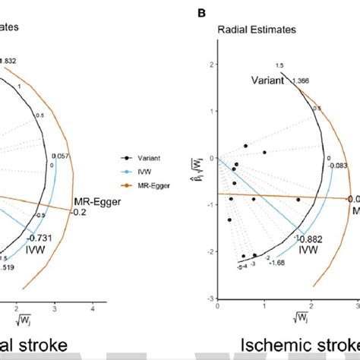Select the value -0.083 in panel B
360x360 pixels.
pyautogui.click(x=338, y=165)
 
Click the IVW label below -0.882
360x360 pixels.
pyautogui.click(x=308, y=248)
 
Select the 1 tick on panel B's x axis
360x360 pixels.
pyautogui.click(x=264, y=308)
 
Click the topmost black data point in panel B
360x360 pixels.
pyautogui.click(x=245, y=145)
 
